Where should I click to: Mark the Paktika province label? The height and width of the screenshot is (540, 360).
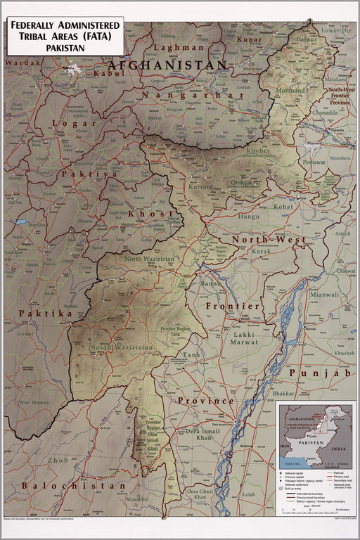tap(46, 314)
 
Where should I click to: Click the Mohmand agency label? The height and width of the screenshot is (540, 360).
tap(290, 91)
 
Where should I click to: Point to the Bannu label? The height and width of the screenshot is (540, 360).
tap(210, 284)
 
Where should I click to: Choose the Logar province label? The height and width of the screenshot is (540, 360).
tap(75, 123)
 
